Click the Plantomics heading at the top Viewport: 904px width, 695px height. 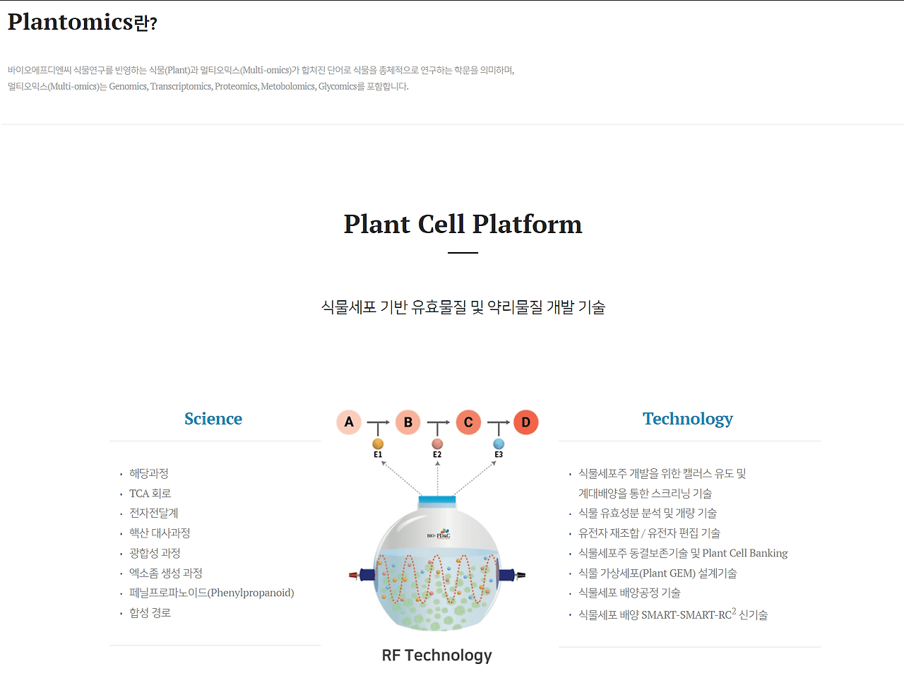tap(83, 22)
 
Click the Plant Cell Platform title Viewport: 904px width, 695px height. tap(463, 224)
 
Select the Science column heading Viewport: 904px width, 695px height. tap(213, 418)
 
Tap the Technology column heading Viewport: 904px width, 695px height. tap(688, 419)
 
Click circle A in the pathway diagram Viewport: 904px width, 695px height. tap(349, 422)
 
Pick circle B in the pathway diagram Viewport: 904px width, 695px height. tap(408, 422)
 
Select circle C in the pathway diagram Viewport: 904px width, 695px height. tap(468, 422)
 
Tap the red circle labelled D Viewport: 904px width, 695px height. tap(526, 422)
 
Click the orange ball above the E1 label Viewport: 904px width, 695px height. tap(378, 444)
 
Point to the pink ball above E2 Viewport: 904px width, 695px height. tap(437, 444)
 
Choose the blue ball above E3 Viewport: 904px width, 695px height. tap(499, 444)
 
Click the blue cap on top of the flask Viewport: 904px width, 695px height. tap(436, 499)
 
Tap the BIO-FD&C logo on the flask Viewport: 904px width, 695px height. tap(439, 534)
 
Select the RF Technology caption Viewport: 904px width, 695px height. tap(436, 655)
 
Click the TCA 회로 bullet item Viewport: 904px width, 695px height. tap(150, 493)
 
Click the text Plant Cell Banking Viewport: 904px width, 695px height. tap(744, 553)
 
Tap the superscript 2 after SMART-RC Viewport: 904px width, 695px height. tap(734, 611)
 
